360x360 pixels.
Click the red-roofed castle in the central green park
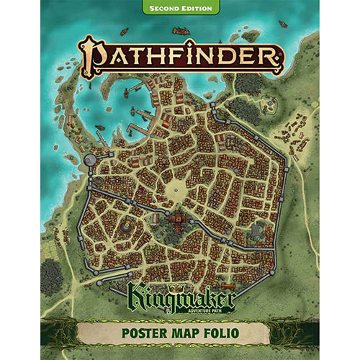175,225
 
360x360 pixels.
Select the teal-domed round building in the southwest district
127,226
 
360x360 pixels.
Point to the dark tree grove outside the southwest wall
51,276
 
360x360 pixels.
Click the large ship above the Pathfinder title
182,31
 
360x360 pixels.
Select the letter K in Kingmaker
136,296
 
